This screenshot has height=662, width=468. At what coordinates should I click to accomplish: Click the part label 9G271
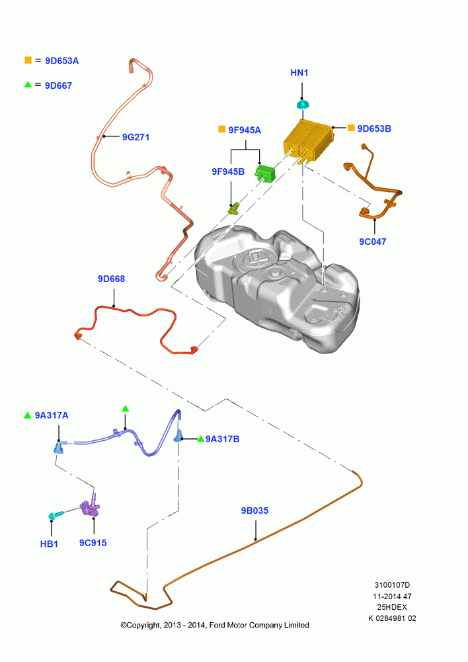pyautogui.click(x=136, y=137)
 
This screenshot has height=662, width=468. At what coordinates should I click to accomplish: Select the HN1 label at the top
pyautogui.click(x=299, y=73)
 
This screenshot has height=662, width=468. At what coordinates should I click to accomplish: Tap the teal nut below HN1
pyautogui.click(x=303, y=105)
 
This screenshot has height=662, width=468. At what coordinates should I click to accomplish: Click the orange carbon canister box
pyautogui.click(x=308, y=140)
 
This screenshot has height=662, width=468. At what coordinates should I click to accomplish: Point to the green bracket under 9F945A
pyautogui.click(x=265, y=172)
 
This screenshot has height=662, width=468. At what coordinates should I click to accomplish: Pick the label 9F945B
pyautogui.click(x=228, y=172)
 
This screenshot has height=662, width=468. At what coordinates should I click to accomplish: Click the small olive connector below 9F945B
pyautogui.click(x=233, y=208)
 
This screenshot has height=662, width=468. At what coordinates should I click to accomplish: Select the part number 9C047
pyautogui.click(x=373, y=242)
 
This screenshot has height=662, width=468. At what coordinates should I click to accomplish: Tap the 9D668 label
pyautogui.click(x=111, y=279)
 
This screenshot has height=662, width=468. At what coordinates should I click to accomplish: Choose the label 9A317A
pyautogui.click(x=52, y=416)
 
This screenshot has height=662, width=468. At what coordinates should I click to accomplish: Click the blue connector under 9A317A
pyautogui.click(x=59, y=448)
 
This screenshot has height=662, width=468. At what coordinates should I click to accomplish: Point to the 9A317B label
pyautogui.click(x=222, y=440)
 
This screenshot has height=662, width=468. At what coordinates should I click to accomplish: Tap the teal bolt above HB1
pyautogui.click(x=56, y=516)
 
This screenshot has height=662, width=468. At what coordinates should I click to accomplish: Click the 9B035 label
pyautogui.click(x=254, y=511)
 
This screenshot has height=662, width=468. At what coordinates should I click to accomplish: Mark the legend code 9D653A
pyautogui.click(x=62, y=61)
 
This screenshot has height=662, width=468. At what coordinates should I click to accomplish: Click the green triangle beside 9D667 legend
pyautogui.click(x=28, y=85)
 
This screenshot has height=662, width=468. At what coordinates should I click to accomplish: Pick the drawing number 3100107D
pyautogui.click(x=392, y=585)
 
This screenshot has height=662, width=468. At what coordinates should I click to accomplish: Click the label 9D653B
pyautogui.click(x=374, y=129)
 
